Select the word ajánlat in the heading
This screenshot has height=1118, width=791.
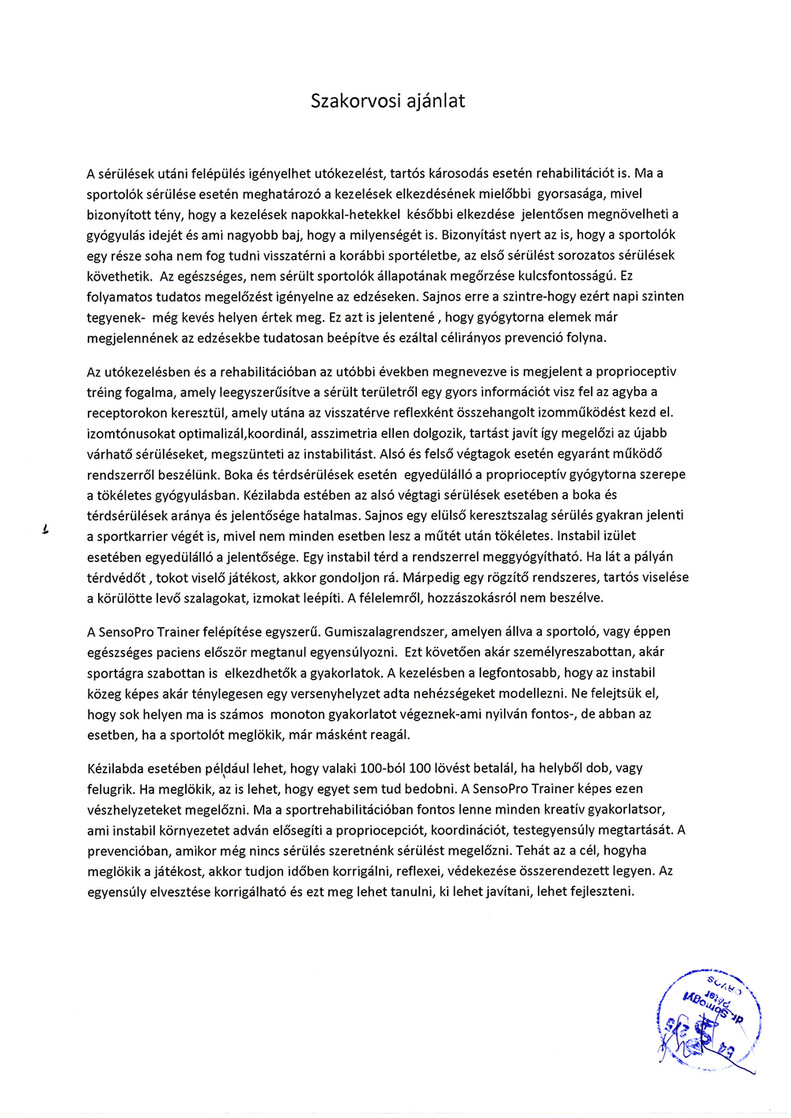coord(436,101)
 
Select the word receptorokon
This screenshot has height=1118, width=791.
coord(125,413)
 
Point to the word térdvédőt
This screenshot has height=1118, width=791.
coord(116,577)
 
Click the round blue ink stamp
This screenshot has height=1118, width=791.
coord(709,1020)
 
